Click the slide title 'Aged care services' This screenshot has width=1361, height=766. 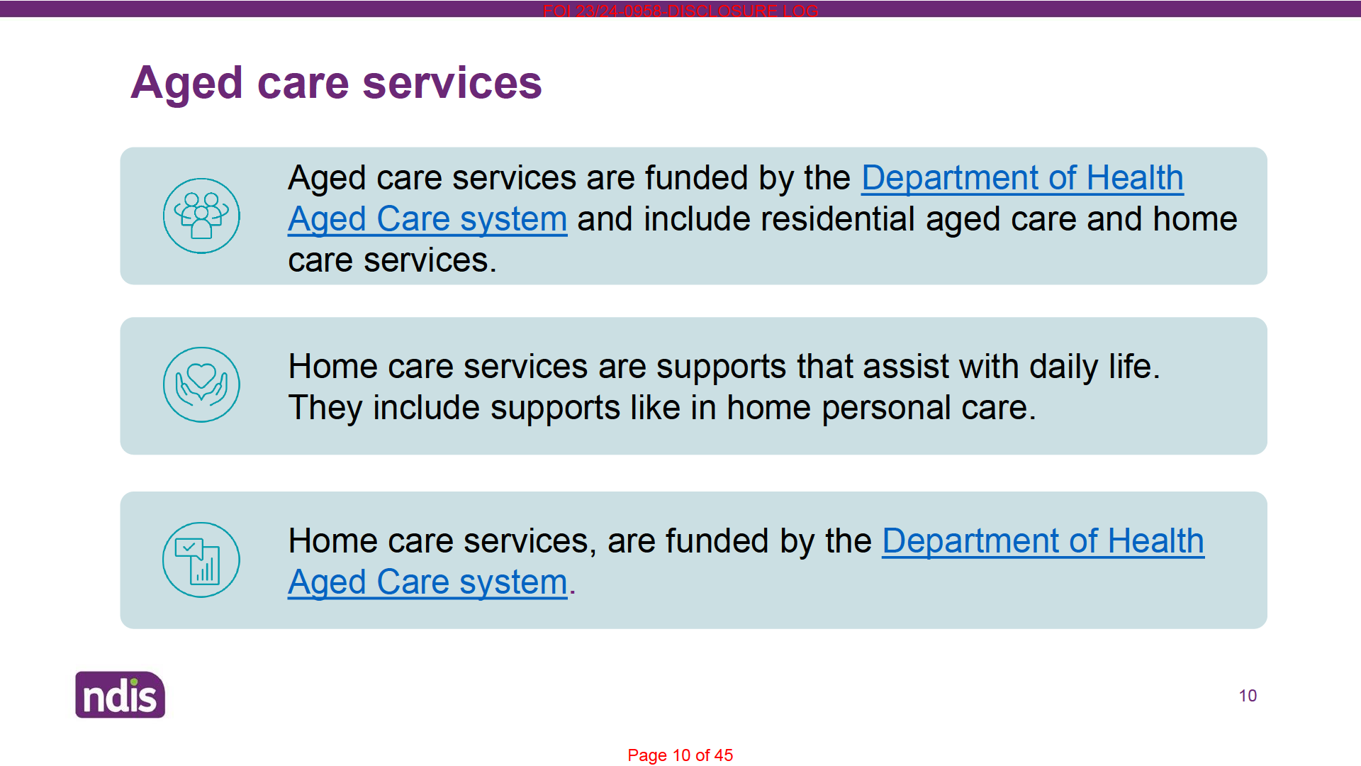[336, 84]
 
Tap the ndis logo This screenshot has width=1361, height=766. [121, 694]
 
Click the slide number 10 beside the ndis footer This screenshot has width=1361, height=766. [1248, 696]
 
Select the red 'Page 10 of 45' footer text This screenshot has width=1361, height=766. [680, 755]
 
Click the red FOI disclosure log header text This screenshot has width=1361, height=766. [680, 11]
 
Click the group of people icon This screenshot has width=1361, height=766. [201, 216]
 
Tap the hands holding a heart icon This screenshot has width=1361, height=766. [201, 384]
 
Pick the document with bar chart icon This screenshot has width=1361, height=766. [201, 560]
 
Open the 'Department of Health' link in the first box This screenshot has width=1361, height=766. [1022, 178]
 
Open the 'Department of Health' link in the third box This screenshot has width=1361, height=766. [1043, 541]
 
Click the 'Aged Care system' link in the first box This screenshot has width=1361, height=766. [427, 219]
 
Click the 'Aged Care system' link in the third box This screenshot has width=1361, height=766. [427, 582]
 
